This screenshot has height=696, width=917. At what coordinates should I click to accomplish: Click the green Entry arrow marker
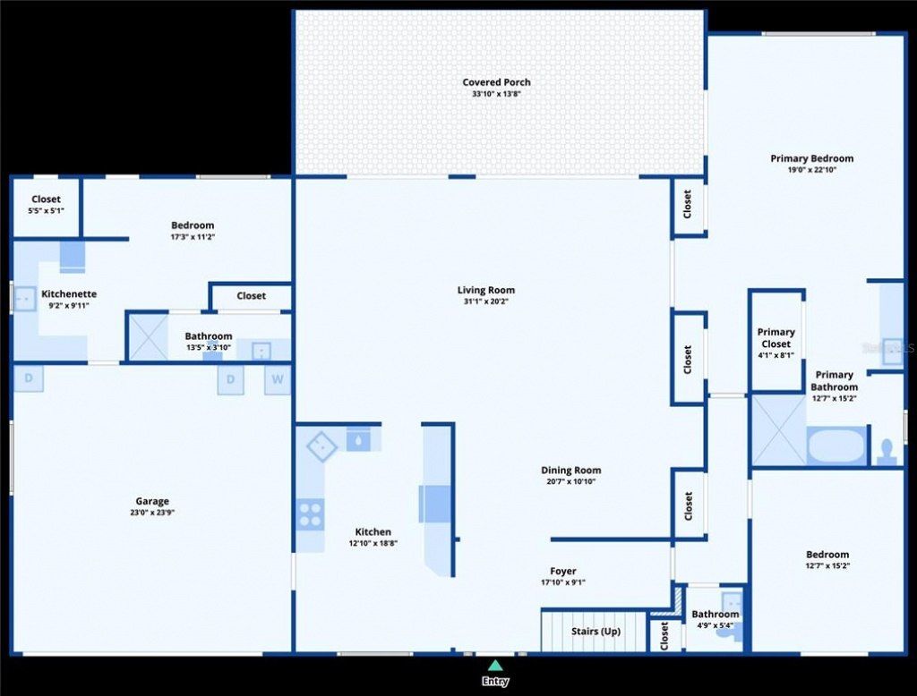pyautogui.click(x=495, y=665)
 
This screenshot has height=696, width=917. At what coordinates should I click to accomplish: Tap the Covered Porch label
pyautogui.click(x=496, y=82)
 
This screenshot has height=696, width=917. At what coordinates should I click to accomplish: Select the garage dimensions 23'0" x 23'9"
pyautogui.click(x=152, y=514)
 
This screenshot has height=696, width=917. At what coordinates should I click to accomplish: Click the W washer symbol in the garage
pyautogui.click(x=278, y=379)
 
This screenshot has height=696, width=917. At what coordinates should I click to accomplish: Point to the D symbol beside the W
pyautogui.click(x=231, y=379)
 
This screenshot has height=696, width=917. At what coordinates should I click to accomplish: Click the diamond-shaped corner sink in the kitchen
pyautogui.click(x=321, y=446)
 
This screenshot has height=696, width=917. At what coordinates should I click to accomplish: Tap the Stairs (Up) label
pyautogui.click(x=596, y=632)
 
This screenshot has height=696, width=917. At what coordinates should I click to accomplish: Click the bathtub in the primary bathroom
pyautogui.click(x=836, y=446)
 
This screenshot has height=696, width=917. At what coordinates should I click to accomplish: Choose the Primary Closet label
pyautogui.click(x=776, y=338)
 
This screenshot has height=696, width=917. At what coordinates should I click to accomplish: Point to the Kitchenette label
pyautogui.click(x=69, y=294)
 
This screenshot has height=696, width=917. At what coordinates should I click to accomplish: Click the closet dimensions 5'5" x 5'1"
pyautogui.click(x=46, y=211)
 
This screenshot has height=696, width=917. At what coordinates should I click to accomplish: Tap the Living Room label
pyautogui.click(x=486, y=290)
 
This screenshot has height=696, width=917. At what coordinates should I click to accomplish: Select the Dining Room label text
pyautogui.click(x=571, y=471)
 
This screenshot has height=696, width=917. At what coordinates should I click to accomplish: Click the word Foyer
pyautogui.click(x=563, y=572)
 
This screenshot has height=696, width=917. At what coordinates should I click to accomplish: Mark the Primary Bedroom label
pyautogui.click(x=812, y=158)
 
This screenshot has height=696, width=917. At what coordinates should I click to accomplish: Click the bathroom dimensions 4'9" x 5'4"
pyautogui.click(x=716, y=625)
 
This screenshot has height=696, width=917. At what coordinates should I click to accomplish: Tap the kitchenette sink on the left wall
pyautogui.click(x=25, y=298)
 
